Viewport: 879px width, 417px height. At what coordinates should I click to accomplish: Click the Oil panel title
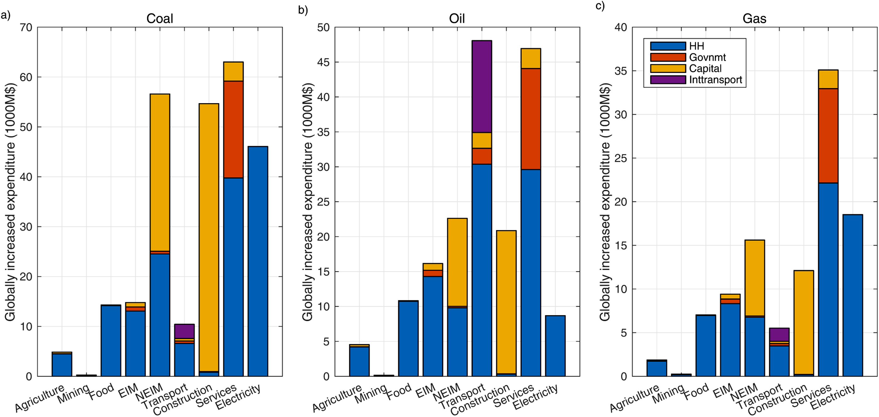(457, 18)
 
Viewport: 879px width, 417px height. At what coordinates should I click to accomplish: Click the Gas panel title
(754, 18)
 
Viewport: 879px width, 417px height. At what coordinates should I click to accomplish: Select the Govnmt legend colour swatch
(668, 57)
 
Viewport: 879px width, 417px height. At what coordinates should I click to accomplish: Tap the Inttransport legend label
(716, 80)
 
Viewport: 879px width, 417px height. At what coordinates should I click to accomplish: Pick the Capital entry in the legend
(705, 68)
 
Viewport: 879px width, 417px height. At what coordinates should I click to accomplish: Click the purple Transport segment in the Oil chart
(481, 87)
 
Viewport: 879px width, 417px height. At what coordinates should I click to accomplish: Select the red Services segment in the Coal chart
(233, 129)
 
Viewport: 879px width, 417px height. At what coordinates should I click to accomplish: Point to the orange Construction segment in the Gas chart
(804, 322)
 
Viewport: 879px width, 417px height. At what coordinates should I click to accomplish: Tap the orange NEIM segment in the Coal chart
(160, 172)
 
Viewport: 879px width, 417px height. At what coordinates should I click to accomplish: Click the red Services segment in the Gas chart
(828, 135)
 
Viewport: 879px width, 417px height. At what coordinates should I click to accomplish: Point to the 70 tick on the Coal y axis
(26, 27)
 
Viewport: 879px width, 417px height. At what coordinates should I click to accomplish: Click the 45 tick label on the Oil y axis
(323, 62)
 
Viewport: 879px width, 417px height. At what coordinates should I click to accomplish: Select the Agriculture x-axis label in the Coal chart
(40, 398)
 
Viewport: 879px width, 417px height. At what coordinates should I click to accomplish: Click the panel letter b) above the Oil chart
(303, 9)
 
